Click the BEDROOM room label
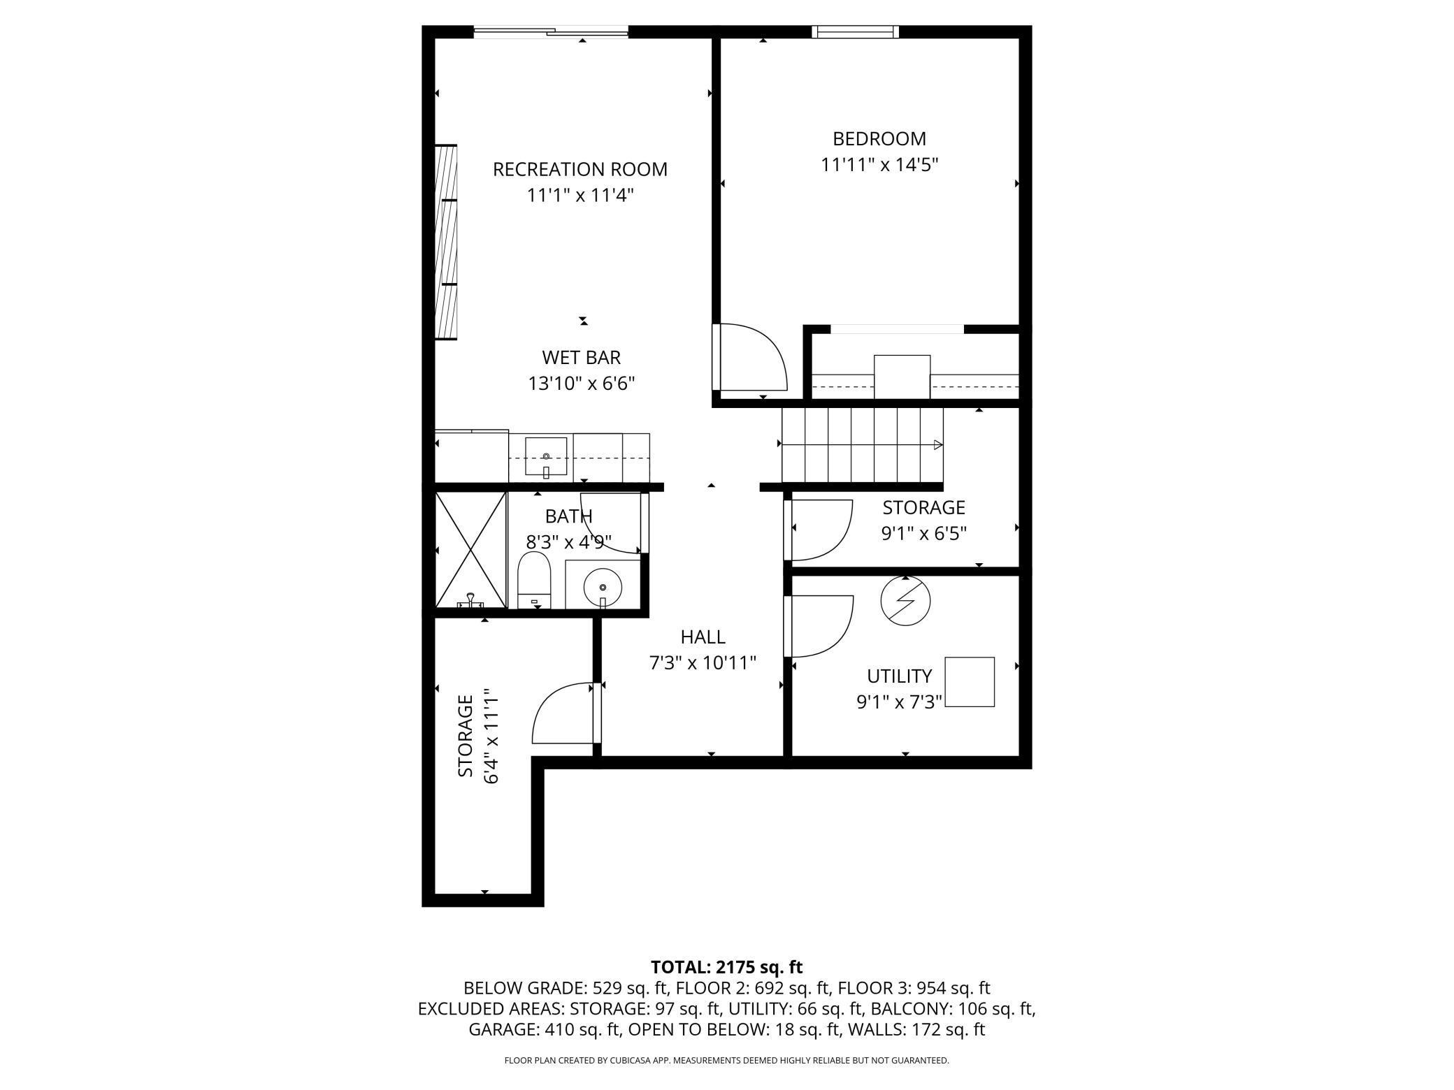(879, 138)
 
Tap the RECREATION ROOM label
(580, 169)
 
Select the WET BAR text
(581, 357)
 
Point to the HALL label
(703, 637)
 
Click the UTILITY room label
(899, 676)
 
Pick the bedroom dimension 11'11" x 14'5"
(879, 165)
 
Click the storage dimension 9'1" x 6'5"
(923, 534)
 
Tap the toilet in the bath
(534, 580)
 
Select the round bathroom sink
(603, 588)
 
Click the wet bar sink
(546, 457)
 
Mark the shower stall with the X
(470, 549)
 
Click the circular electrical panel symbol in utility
(905, 601)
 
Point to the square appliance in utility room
(970, 682)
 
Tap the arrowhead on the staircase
(938, 445)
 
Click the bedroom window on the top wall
(855, 31)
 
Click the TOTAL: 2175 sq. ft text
(726, 967)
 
